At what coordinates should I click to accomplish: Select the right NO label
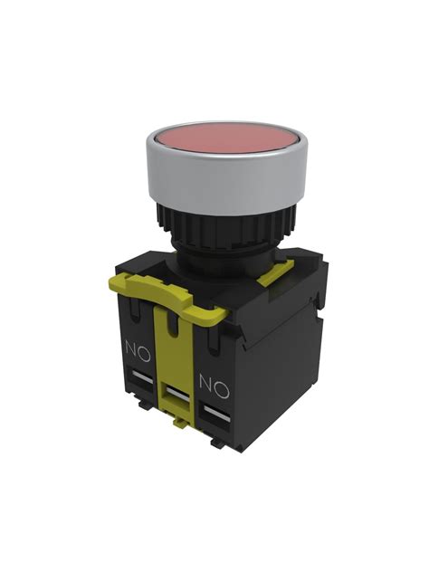pyautogui.click(x=214, y=386)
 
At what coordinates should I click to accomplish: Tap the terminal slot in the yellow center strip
pyautogui.click(x=176, y=395)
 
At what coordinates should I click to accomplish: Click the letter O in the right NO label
pyautogui.click(x=224, y=388)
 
